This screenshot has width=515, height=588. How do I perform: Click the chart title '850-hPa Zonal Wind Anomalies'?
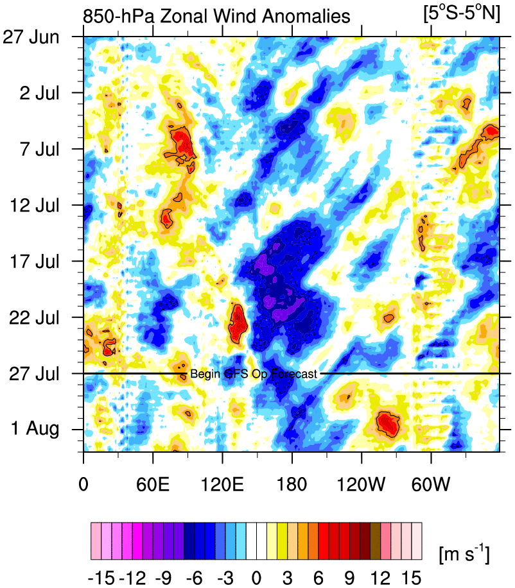pos(217,16)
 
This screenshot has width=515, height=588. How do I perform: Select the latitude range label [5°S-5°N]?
pos(461,15)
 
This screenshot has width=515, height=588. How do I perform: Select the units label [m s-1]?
pos(463,553)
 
